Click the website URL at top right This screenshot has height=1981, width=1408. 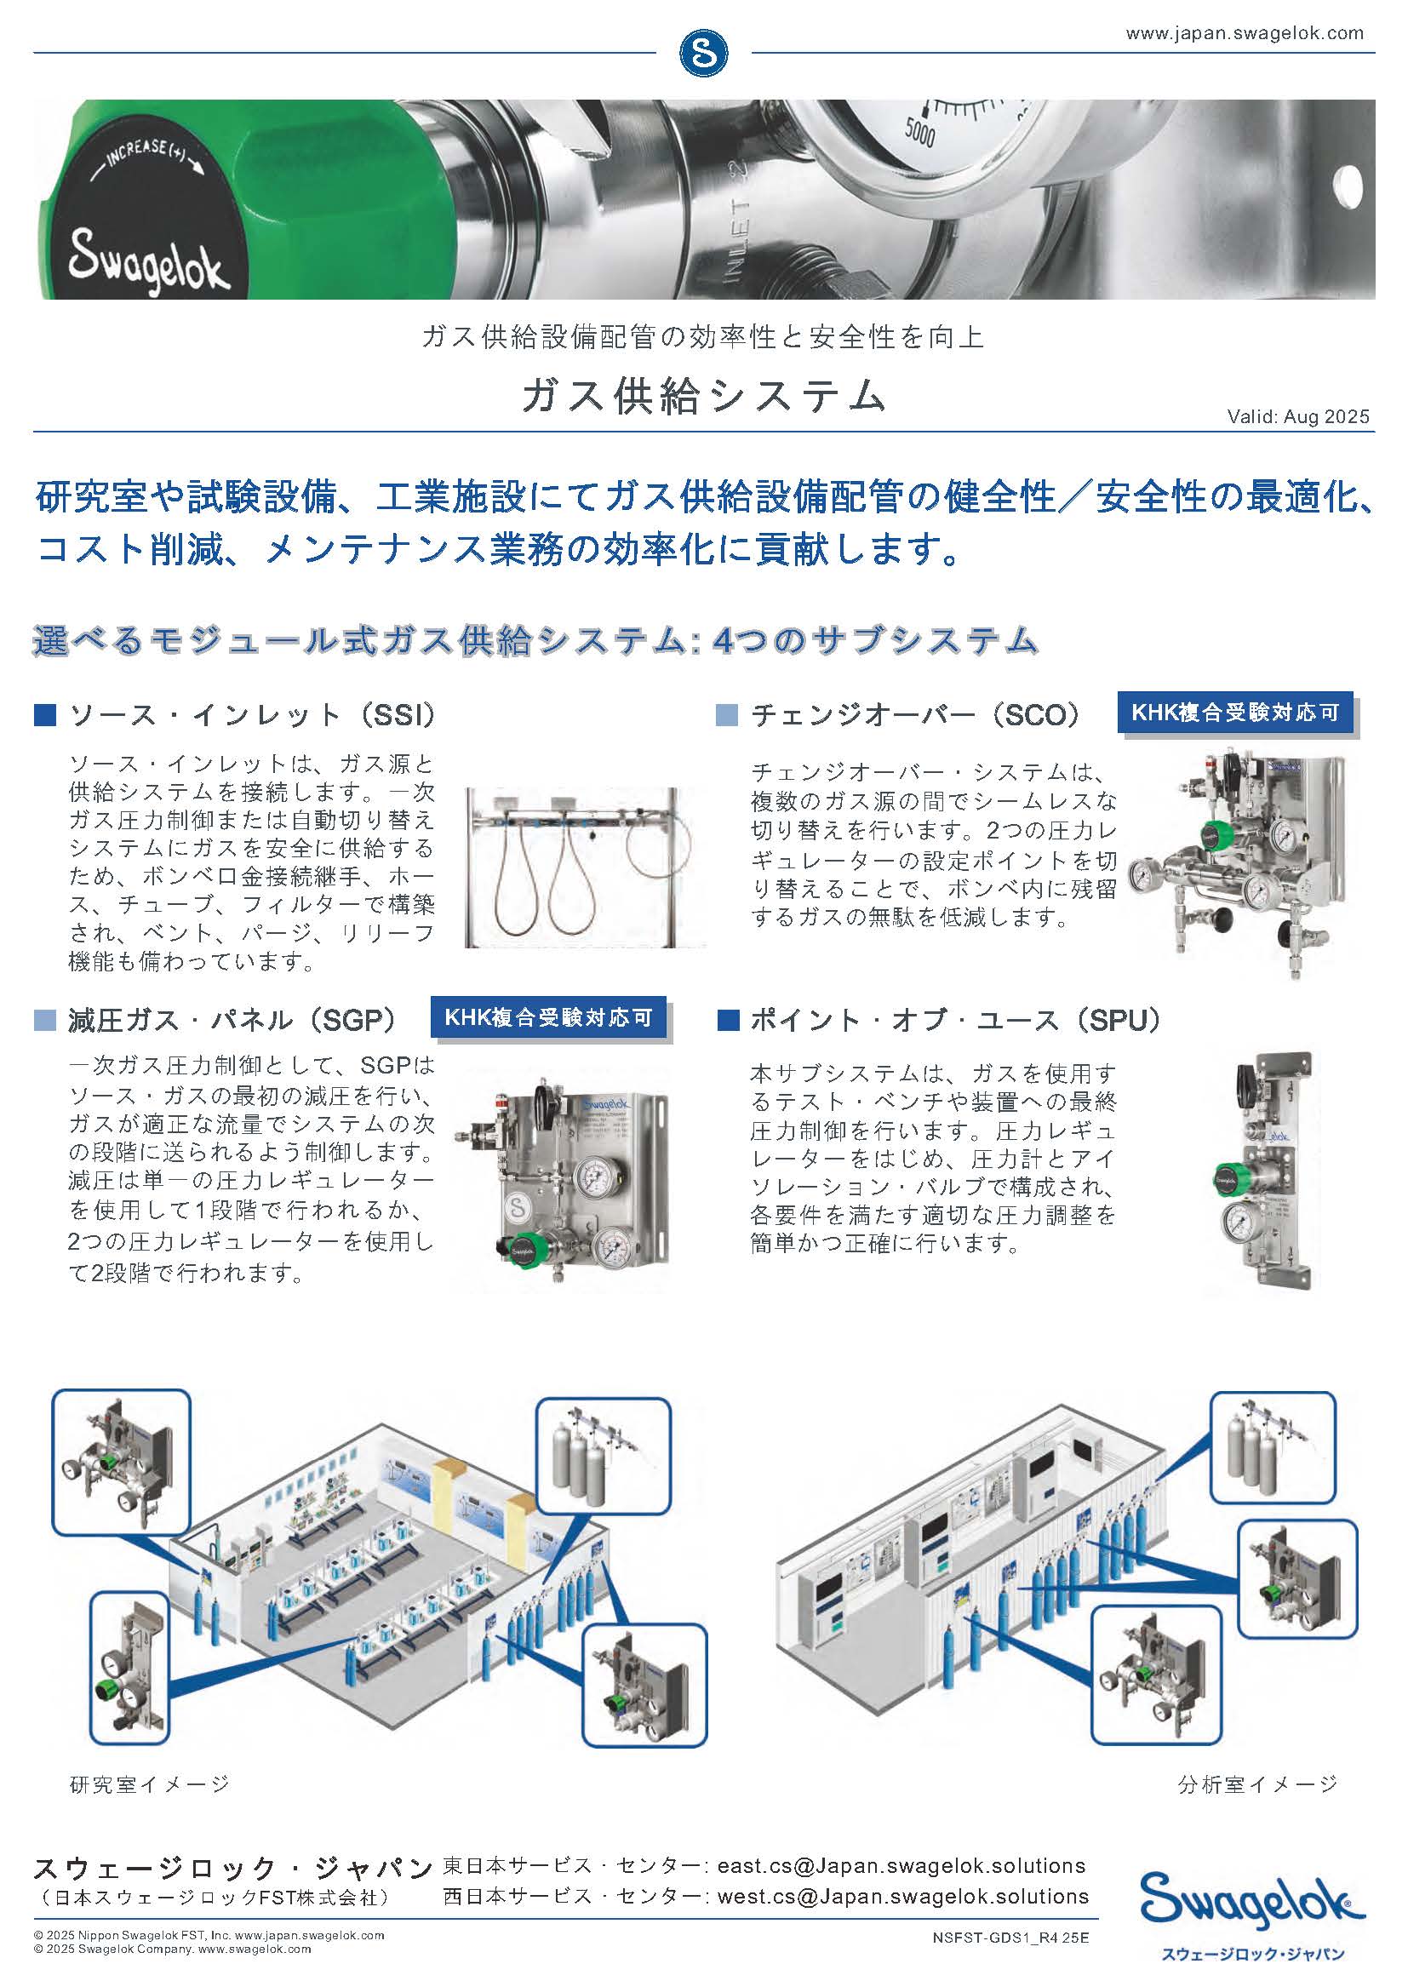1245,34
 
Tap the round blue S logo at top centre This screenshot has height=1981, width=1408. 703,54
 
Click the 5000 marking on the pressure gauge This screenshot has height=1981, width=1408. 920,134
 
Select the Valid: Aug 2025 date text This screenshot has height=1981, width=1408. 1298,417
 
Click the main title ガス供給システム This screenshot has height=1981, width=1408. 703,395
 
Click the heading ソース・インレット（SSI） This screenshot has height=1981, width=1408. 252,715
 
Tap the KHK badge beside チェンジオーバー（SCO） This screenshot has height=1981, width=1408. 1235,713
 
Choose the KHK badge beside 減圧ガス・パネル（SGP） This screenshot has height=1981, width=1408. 548,1017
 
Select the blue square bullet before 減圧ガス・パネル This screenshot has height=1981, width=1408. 45,1021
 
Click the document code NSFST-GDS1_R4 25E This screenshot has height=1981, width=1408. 1010,1935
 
